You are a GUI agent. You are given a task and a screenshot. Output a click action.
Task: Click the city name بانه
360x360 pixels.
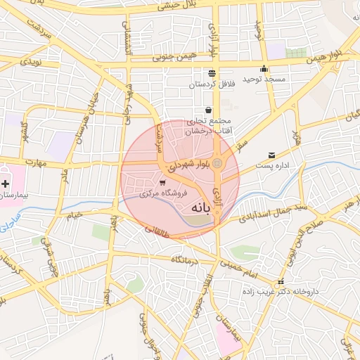[201, 208]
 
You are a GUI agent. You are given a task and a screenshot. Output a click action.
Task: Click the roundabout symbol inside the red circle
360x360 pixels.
[218, 164]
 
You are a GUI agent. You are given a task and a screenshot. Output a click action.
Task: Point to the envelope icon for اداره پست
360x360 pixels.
[271, 155]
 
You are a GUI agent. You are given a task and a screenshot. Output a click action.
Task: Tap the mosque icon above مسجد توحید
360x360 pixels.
[264, 69]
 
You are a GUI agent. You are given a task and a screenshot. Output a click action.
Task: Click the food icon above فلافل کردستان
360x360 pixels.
[212, 73]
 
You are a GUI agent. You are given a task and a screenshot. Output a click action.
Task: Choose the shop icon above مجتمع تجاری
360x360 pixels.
[209, 110]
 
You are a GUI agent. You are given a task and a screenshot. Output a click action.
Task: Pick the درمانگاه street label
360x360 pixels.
[184, 259]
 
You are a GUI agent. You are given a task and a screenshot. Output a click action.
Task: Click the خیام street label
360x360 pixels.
[73, 214]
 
